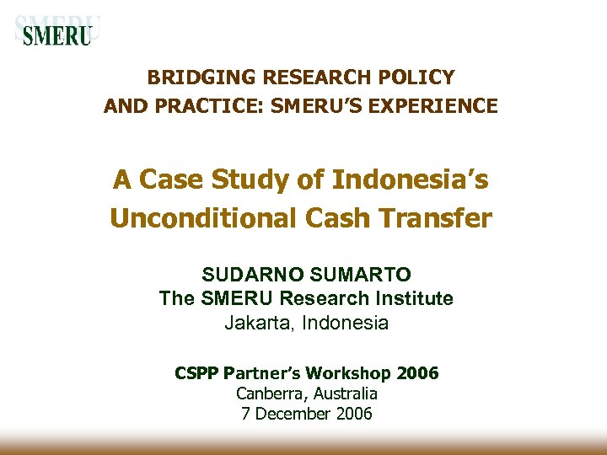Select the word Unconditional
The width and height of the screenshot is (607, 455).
coord(202,218)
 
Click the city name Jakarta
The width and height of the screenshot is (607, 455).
coord(255,323)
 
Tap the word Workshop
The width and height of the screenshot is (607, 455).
coord(347,372)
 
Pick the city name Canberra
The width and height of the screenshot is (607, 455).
coord(269,393)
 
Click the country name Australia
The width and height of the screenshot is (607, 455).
coord(344,393)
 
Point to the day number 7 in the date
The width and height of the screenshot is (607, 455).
coord(244,414)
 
